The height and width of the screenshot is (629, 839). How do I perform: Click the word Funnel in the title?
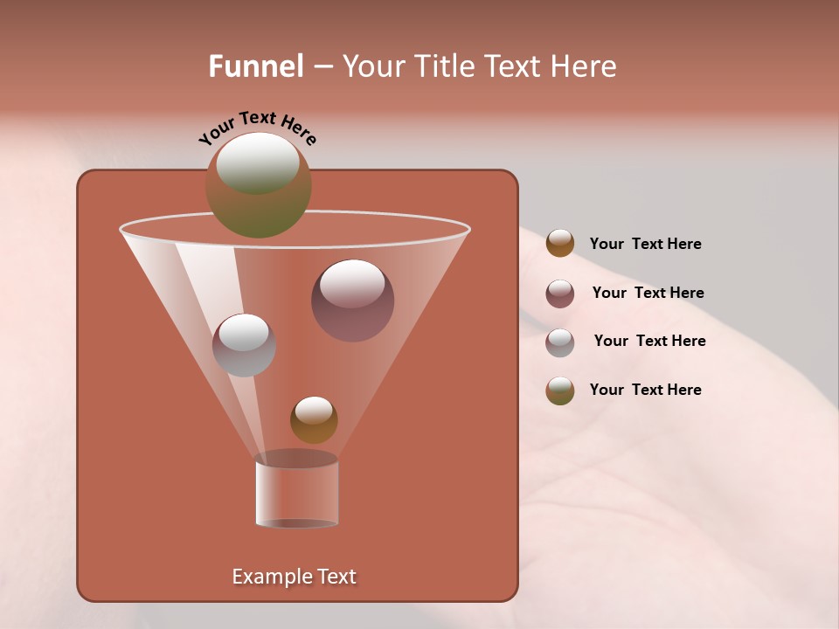point(255,66)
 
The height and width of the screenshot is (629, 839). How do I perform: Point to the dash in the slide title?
point(322,67)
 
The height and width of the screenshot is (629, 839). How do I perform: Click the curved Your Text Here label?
point(257,128)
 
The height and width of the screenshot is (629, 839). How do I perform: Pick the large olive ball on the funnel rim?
point(258,185)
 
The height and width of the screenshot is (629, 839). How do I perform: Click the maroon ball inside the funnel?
point(353,301)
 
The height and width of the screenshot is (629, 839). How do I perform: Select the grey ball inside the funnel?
point(244,345)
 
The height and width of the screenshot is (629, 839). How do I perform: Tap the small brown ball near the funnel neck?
point(314,420)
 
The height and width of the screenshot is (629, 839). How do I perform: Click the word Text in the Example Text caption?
point(336,577)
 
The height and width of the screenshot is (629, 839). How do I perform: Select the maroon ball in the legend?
point(560,294)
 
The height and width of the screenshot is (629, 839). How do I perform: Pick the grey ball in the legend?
point(560,342)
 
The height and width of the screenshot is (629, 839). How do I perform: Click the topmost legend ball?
point(560,244)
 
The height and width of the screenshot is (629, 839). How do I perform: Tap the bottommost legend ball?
point(560,391)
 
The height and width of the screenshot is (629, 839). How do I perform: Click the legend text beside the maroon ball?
point(648,293)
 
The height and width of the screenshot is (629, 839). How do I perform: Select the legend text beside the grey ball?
point(649,341)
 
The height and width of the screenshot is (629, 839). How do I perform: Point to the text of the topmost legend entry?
point(645,244)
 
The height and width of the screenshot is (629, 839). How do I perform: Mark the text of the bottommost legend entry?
point(645,390)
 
